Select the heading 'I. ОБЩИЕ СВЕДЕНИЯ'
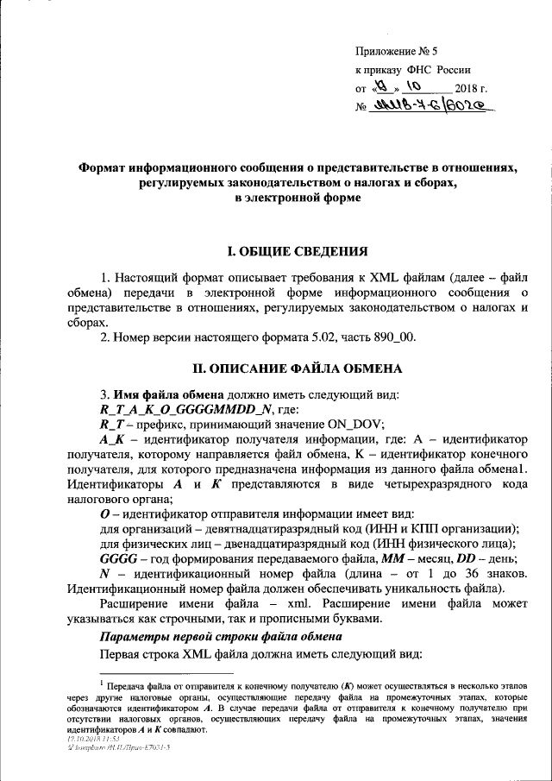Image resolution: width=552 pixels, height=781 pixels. tap(298, 252)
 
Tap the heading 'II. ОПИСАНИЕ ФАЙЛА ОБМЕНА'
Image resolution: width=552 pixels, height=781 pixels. tap(298, 368)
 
